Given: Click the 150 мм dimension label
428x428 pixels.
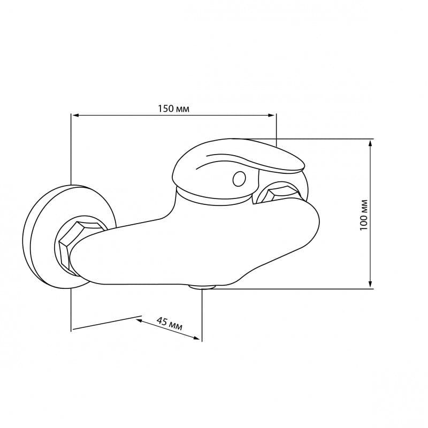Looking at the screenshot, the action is click(x=173, y=109).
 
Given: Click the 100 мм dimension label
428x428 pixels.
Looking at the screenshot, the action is click(x=364, y=215).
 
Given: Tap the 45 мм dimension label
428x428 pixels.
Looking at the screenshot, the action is click(x=170, y=324).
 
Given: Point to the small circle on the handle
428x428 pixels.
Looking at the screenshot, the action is click(x=239, y=179).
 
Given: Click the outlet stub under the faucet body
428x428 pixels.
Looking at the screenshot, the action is click(x=202, y=287).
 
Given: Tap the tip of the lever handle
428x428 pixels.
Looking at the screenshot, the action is click(x=303, y=166).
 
